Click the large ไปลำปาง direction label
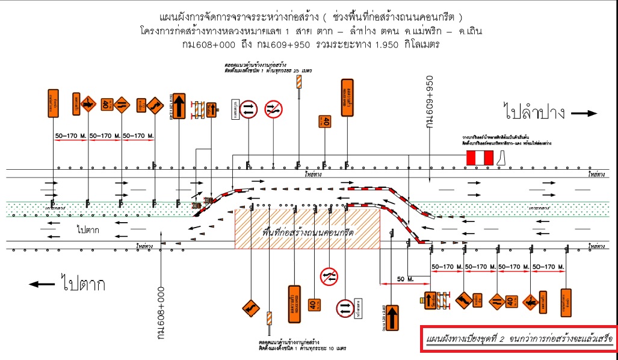click(x=534, y=112)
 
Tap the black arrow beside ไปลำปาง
click(x=583, y=113)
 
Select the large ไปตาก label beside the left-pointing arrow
click(x=82, y=284)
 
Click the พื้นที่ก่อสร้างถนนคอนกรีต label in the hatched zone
click(x=307, y=232)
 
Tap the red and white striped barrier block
click(x=479, y=158)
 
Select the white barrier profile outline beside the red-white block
click(x=504, y=158)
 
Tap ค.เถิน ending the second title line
click(x=466, y=30)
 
